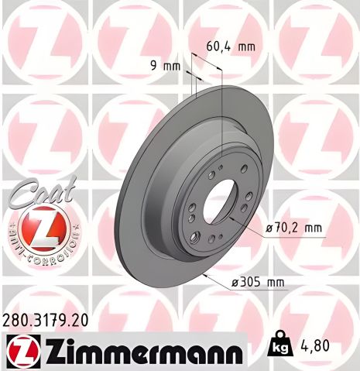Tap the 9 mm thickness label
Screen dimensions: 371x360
pos(166,67)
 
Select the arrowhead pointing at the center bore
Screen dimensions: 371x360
pos(242,223)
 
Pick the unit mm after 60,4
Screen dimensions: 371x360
pos(246,46)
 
